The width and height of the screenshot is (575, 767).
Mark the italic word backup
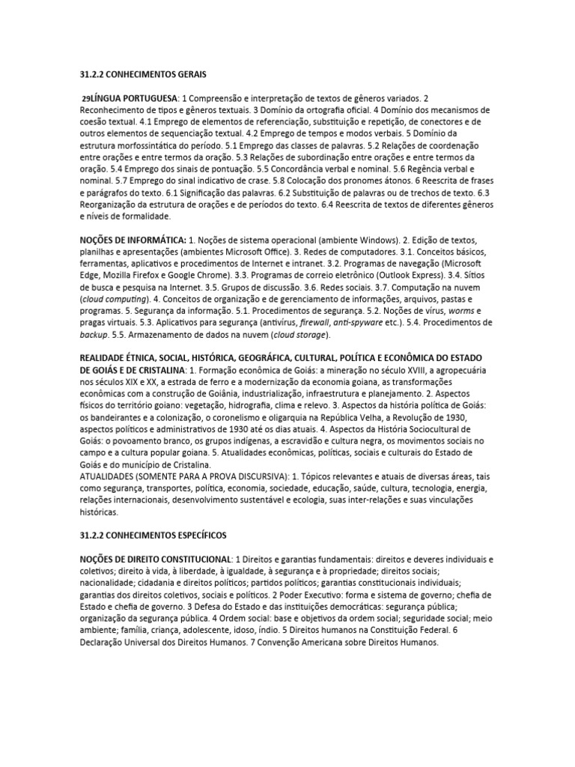pos(95,335)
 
